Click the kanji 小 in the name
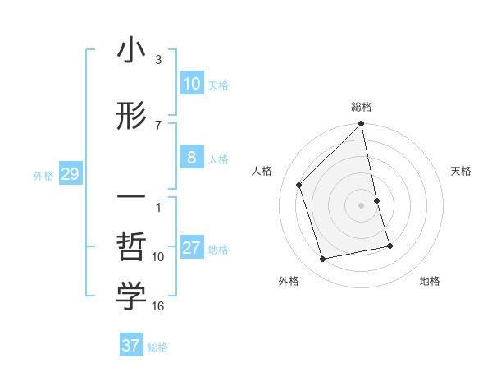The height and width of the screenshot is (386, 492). click(x=131, y=51)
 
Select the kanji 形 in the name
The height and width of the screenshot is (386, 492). click(x=131, y=117)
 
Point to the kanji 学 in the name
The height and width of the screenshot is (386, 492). click(x=131, y=297)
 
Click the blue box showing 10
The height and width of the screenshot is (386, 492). click(x=192, y=84)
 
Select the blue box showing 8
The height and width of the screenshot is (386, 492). click(x=192, y=158)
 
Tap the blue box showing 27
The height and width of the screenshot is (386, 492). click(x=192, y=249)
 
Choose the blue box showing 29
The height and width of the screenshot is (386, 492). click(x=70, y=174)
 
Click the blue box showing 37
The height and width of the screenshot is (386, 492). click(x=131, y=346)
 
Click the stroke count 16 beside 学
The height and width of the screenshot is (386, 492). click(x=158, y=306)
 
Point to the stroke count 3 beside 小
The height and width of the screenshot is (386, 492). click(x=158, y=60)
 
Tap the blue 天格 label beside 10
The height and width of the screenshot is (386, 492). click(x=218, y=85)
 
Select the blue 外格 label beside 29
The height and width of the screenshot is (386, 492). click(x=43, y=175)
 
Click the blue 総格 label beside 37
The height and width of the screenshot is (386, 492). click(x=157, y=347)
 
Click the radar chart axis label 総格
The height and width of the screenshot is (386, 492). click(x=362, y=107)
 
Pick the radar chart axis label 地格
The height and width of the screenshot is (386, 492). click(x=430, y=281)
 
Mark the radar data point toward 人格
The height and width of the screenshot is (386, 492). click(x=299, y=185)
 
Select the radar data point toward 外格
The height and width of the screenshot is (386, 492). click(x=323, y=260)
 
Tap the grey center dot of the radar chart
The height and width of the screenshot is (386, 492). click(x=362, y=205)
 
